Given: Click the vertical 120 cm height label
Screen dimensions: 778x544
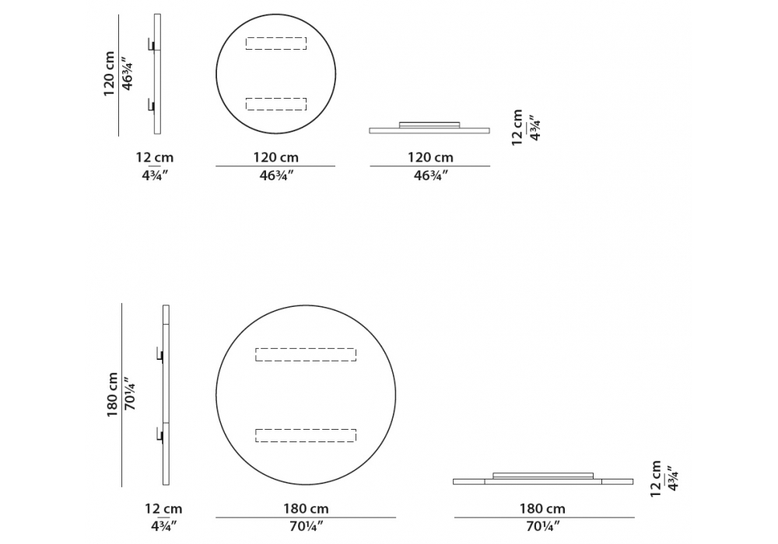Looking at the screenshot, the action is click(x=109, y=74).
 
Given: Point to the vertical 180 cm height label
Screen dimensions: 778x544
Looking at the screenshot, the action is click(x=112, y=395).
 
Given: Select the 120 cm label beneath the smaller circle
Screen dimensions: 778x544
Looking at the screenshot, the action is click(x=276, y=158).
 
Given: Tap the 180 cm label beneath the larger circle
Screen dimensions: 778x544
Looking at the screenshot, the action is click(x=306, y=509).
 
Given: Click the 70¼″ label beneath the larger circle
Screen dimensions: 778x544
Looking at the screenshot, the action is click(x=306, y=526).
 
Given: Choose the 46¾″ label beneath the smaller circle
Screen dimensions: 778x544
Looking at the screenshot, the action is click(x=276, y=176).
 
